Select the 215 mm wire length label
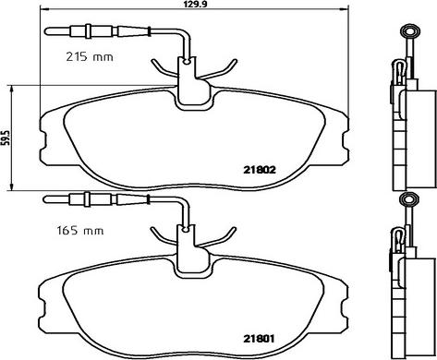coord(90,57)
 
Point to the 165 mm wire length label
coord(80,231)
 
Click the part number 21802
coord(260,170)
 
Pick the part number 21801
coord(259,339)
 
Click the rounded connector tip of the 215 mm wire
coord(47,31)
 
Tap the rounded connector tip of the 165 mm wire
coord(46,199)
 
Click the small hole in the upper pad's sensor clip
coord(187,63)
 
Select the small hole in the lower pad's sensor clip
coord(186,230)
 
